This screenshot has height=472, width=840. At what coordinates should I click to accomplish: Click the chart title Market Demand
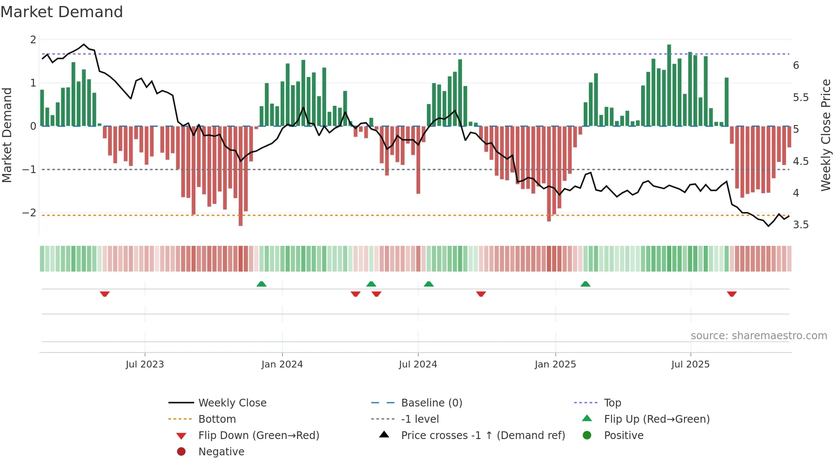62,12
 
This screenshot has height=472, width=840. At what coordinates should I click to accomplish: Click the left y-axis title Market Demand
7,135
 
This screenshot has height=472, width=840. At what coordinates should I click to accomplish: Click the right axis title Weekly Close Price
825,135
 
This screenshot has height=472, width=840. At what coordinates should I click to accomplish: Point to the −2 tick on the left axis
30,213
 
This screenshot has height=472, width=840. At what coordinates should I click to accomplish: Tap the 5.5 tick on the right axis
801,98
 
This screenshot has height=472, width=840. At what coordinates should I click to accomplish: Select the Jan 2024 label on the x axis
282,364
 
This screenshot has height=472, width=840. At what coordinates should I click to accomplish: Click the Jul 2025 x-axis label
690,364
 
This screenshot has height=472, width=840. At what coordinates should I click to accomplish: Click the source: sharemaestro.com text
759,336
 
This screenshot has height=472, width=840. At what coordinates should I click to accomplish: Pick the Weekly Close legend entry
232,403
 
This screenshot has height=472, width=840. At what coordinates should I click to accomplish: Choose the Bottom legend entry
217,419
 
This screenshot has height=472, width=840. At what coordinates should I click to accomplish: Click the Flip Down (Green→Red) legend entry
258,436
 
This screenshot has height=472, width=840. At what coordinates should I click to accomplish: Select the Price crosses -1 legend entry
483,436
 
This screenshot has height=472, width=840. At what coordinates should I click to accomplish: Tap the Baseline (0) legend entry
431,403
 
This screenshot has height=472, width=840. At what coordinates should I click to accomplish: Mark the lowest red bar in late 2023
240,176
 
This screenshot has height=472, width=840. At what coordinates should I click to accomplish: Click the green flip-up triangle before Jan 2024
261,284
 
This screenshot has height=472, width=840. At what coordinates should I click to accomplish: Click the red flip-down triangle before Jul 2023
105,294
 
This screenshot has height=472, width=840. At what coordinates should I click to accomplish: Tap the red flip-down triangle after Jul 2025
732,294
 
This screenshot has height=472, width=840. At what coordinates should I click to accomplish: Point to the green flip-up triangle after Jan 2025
585,284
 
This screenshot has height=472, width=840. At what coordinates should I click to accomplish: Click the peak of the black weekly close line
84,45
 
